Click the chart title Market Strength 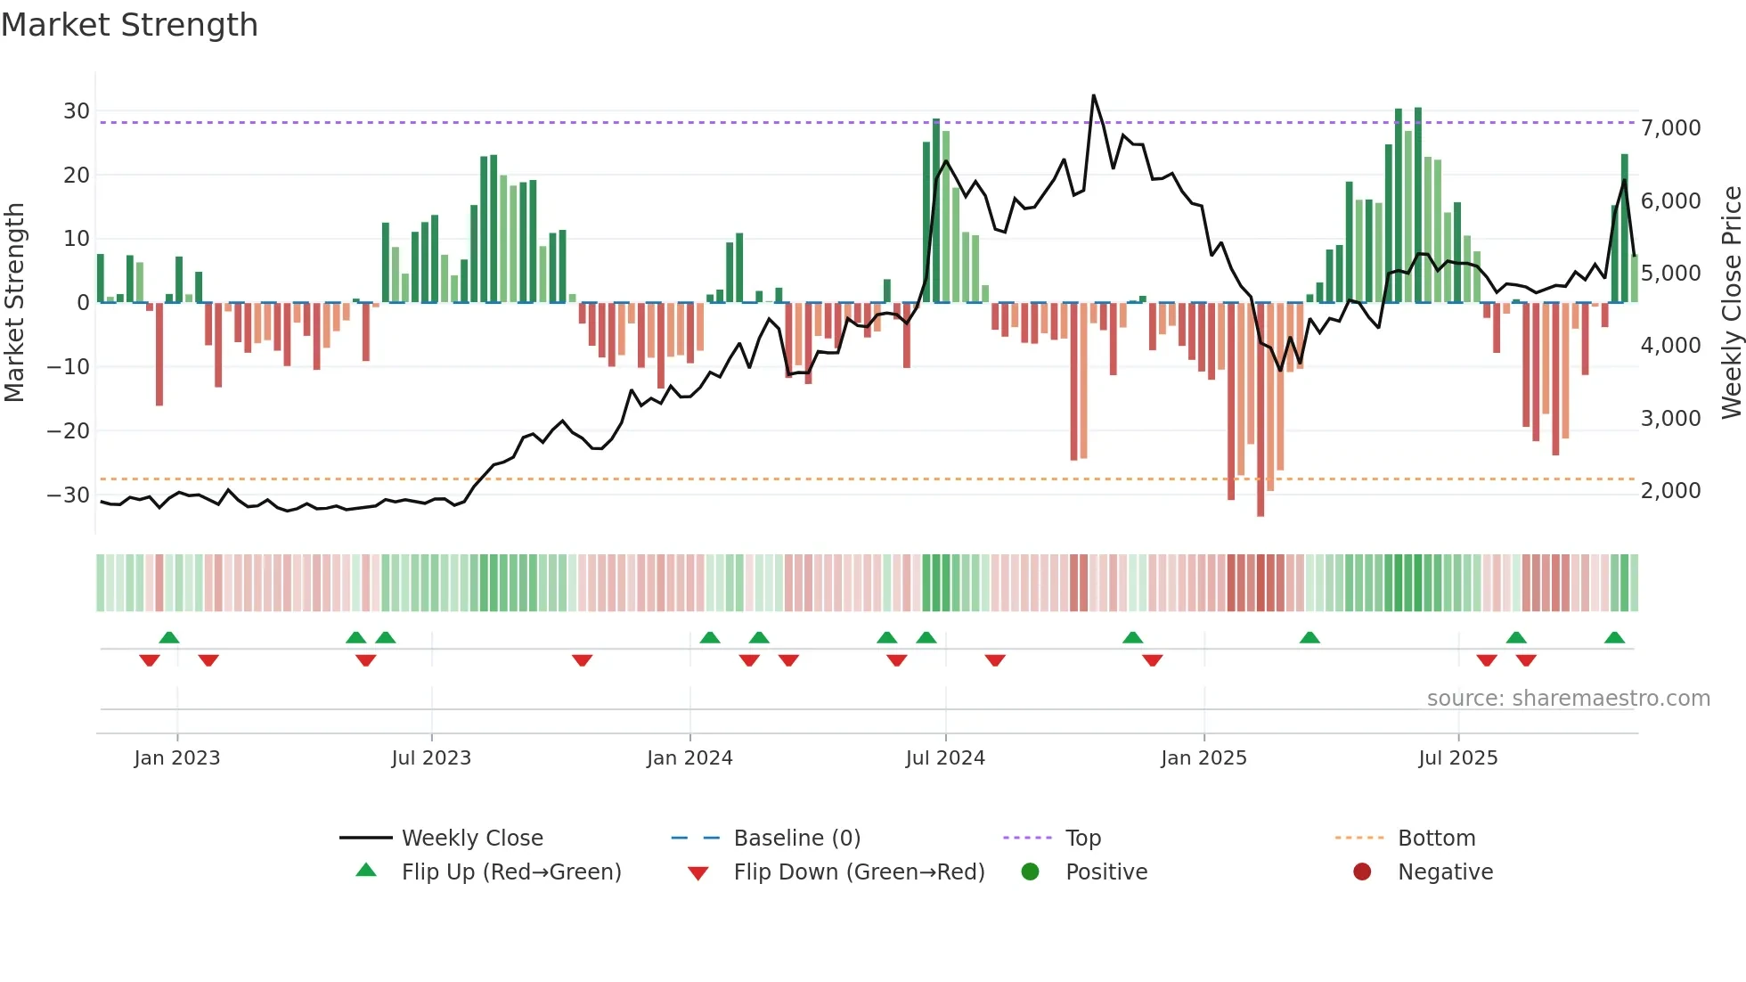click(129, 25)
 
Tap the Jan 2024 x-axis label click(689, 758)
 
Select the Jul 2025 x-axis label click(1458, 758)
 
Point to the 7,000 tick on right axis click(1670, 128)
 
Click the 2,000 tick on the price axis click(1670, 491)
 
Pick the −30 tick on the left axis click(69, 495)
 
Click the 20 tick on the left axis click(77, 176)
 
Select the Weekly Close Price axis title click(1731, 303)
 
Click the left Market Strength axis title click(14, 303)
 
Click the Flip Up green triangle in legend click(366, 871)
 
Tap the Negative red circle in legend click(1362, 872)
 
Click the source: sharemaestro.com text click(1568, 699)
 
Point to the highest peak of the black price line click(1093, 95)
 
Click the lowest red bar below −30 click(1261, 513)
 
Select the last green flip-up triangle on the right click(1614, 638)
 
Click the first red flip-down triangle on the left click(150, 660)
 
